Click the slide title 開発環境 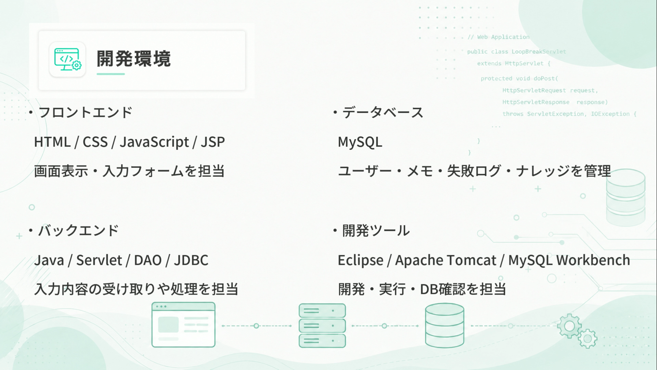point(133,59)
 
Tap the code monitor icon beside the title point(67,59)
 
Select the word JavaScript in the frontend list point(154,142)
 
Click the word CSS point(95,142)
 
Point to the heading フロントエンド point(85,112)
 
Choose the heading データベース point(383,112)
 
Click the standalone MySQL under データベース point(360,142)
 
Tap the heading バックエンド point(78,231)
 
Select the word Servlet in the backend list point(99,260)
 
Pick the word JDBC point(191,260)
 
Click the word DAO point(147,260)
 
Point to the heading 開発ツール point(376,231)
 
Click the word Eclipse point(360,260)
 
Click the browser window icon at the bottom point(183,325)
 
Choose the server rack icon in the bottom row point(322,325)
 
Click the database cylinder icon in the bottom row point(445,325)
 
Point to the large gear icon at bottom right point(569,326)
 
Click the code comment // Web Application point(499,37)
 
